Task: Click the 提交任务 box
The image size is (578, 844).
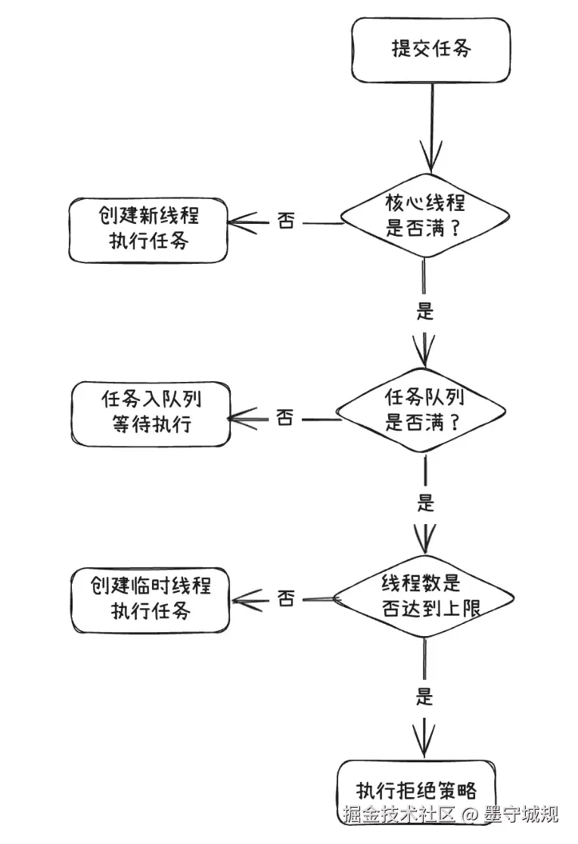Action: [431, 50]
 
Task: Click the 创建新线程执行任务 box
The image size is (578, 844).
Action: [148, 229]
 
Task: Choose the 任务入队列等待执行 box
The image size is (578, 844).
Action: [150, 413]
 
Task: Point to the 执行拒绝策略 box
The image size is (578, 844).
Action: [417, 791]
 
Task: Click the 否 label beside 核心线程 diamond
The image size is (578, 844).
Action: [286, 222]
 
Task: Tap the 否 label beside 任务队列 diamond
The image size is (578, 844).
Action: [284, 417]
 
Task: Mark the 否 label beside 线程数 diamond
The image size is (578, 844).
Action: [285, 599]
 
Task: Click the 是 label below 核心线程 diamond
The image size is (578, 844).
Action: [425, 310]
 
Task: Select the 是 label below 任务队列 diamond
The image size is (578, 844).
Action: [426, 501]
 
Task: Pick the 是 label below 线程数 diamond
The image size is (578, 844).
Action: [424, 696]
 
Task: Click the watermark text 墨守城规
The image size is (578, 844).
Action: [521, 815]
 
